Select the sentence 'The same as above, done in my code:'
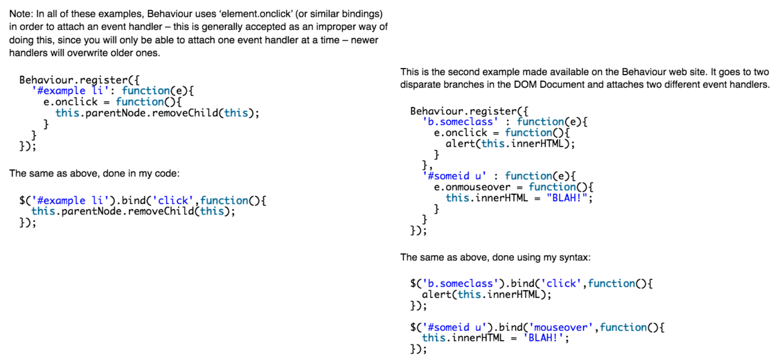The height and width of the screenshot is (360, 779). tap(94, 173)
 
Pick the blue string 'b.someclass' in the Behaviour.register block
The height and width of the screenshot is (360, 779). tap(460, 122)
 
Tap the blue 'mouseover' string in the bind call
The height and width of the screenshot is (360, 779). tap(561, 327)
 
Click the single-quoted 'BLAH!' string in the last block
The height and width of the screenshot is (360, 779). tap(543, 338)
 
